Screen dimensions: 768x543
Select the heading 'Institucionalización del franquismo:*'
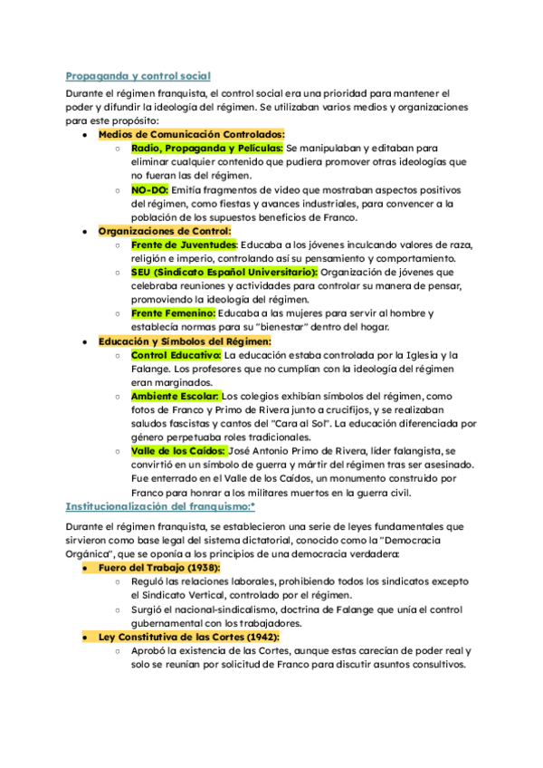click(160, 506)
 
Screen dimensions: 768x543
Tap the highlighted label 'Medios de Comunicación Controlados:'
click(191, 134)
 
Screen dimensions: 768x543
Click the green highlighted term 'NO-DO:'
click(150, 190)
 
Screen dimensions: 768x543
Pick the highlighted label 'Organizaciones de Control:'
click(166, 231)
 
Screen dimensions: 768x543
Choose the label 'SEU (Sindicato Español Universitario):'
click(224, 272)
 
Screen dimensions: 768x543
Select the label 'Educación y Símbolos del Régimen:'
click(185, 341)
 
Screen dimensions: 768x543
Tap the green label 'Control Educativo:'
click(176, 355)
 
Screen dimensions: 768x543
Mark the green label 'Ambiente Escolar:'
click(176, 396)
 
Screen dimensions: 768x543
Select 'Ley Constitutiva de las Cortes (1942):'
click(188, 637)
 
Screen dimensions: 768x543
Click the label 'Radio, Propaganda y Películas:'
click(207, 148)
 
